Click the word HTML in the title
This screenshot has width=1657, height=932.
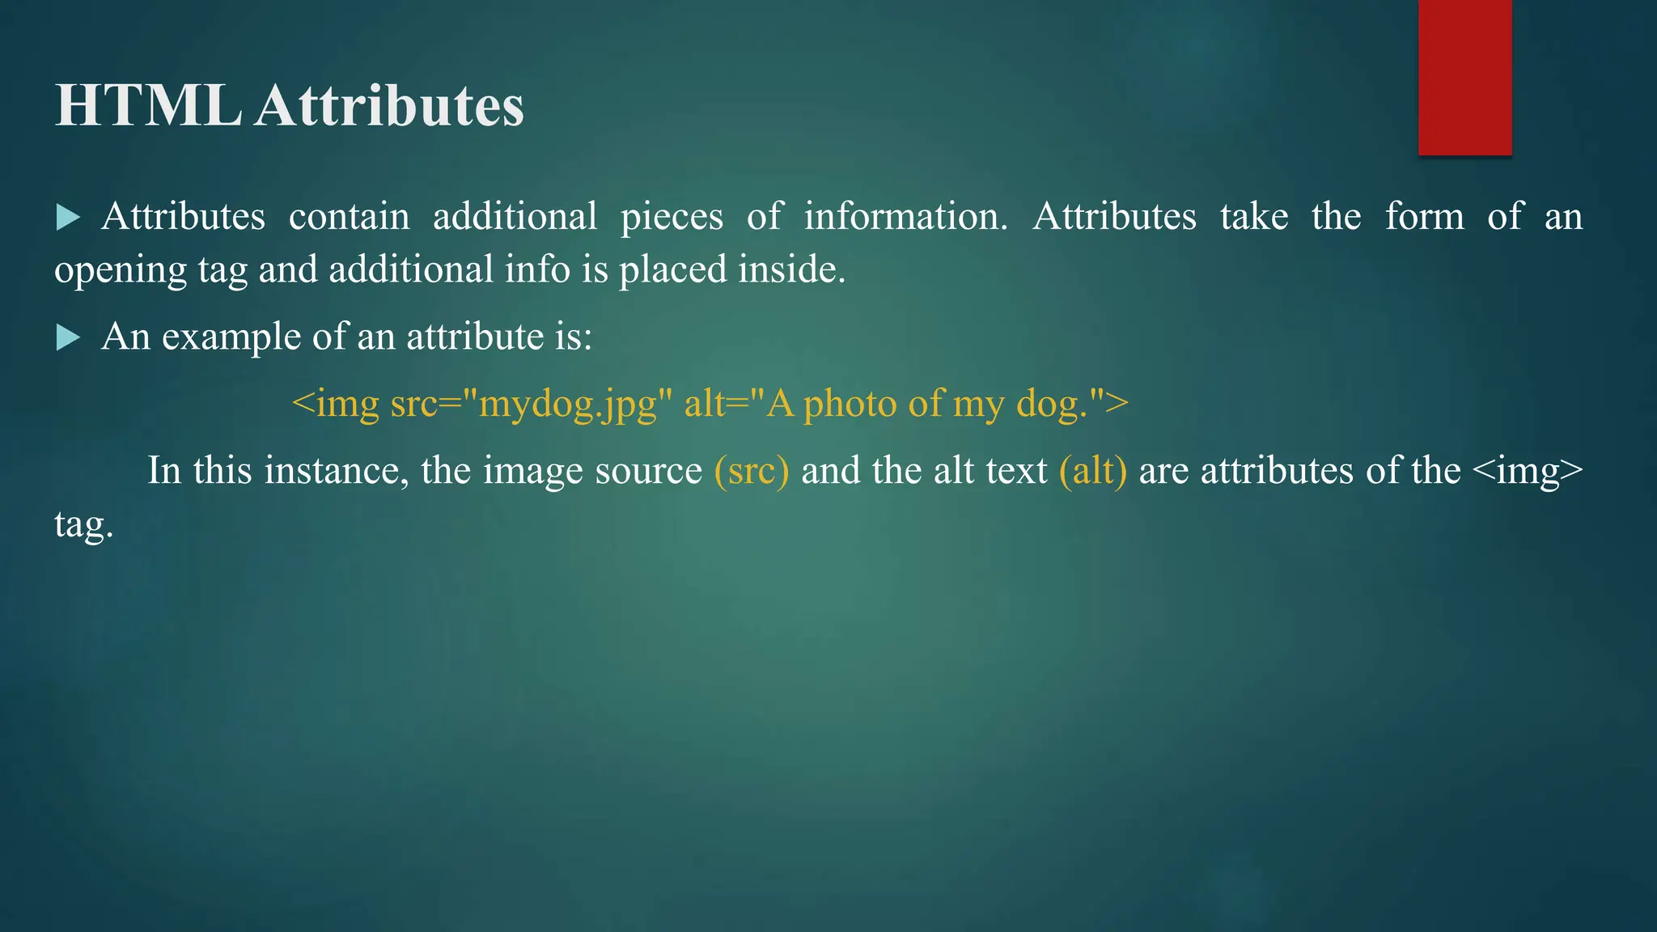click(147, 106)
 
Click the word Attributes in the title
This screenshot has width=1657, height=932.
click(389, 106)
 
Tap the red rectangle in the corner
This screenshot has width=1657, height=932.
click(1464, 77)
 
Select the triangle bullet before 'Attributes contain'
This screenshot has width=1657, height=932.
click(68, 217)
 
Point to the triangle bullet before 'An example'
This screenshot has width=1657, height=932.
click(68, 337)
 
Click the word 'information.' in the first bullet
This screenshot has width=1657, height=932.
click(905, 217)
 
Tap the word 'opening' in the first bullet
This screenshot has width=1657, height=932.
click(121, 270)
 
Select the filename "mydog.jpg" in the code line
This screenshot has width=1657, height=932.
click(567, 404)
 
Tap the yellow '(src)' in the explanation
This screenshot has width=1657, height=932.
click(751, 470)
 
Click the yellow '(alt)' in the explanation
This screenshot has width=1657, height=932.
click(1092, 470)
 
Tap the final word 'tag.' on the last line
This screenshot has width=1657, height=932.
click(83, 524)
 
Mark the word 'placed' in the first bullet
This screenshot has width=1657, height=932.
click(672, 270)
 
